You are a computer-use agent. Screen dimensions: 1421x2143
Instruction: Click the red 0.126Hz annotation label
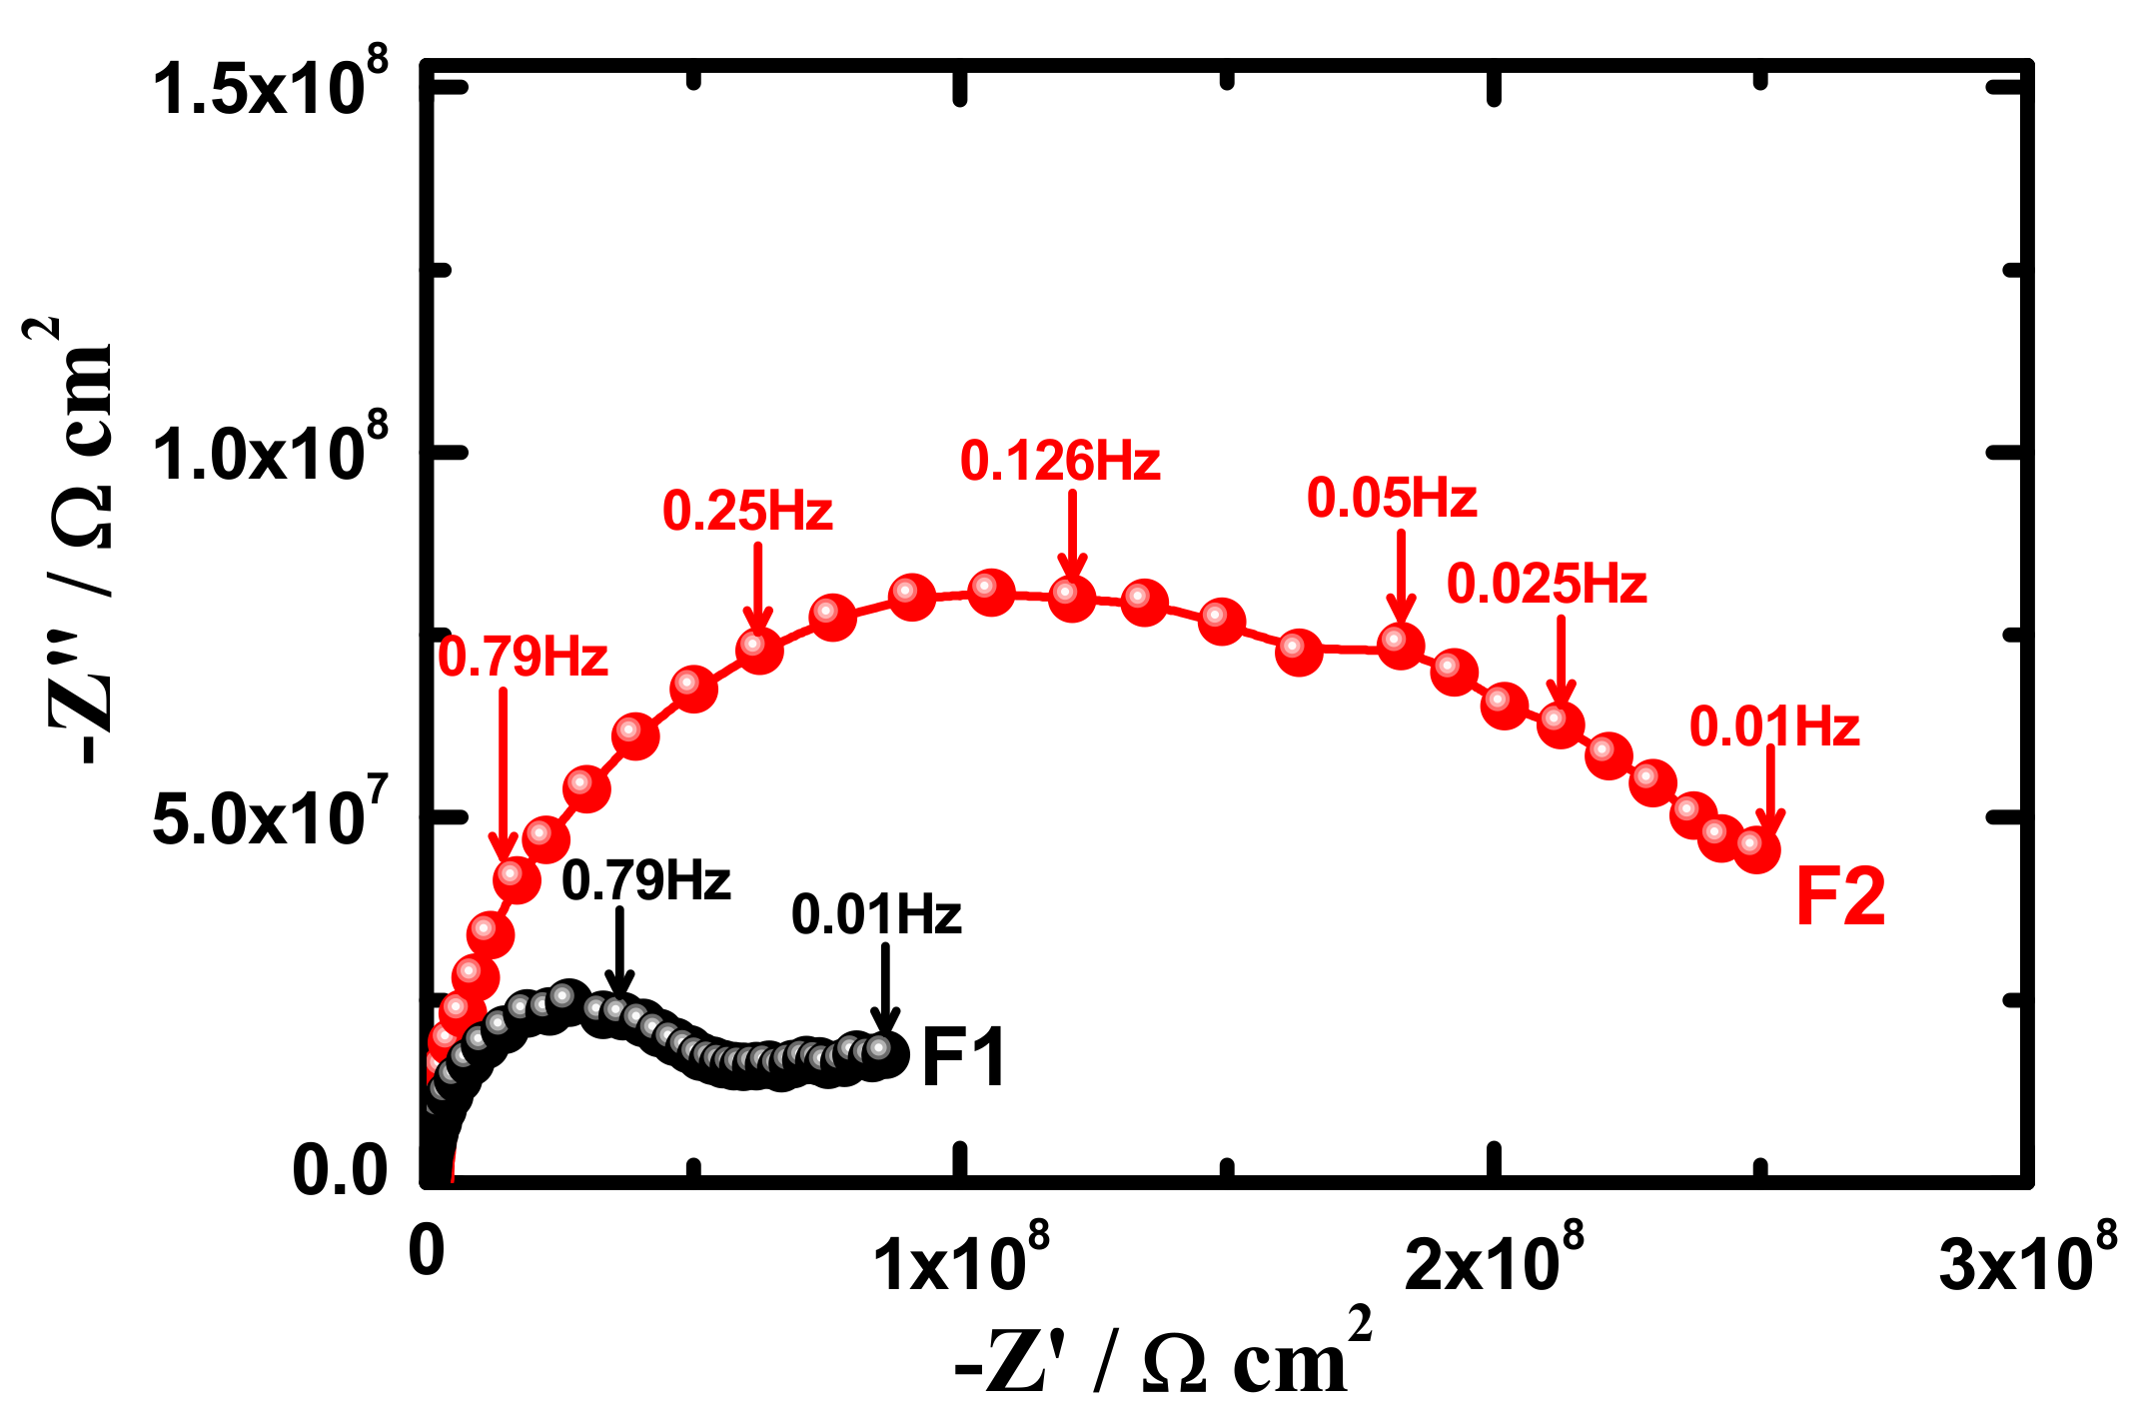coord(1060,462)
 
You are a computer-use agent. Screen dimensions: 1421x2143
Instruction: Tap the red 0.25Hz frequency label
coord(747,512)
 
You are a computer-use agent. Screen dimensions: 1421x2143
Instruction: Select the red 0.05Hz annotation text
coord(1392,499)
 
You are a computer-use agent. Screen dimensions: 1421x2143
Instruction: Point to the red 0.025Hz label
coord(1547,585)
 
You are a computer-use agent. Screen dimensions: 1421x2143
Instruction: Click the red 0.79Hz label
coord(524,659)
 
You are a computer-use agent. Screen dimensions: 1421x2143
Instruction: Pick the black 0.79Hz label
coord(646,881)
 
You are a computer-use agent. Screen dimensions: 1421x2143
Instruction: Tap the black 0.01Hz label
coord(876,915)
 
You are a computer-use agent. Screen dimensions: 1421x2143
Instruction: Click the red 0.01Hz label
coord(1774,727)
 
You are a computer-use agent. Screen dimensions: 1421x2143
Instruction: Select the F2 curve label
coord(1840,896)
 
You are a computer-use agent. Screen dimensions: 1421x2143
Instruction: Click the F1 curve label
coord(963,1057)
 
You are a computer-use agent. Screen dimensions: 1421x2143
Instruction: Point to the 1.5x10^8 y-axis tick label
coord(270,88)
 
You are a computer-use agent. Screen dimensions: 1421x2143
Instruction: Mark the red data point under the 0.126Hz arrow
coord(1071,598)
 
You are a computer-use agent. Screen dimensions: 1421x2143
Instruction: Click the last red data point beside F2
coord(1756,848)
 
